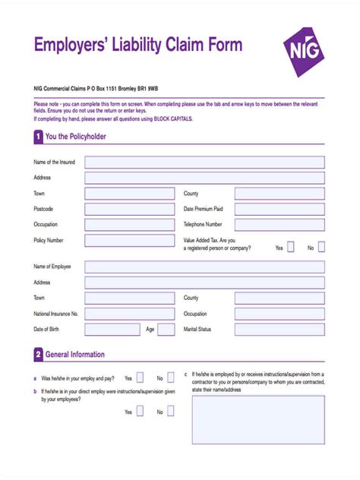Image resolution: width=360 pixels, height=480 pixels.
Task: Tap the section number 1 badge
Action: point(38,137)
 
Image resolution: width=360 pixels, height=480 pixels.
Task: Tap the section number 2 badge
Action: point(38,355)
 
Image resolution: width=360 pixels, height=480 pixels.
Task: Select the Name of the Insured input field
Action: point(204,163)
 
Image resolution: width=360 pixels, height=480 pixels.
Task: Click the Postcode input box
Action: point(130,209)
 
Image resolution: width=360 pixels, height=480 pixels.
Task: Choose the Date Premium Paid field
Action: point(279,209)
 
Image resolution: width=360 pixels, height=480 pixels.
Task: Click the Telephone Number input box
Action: point(279,225)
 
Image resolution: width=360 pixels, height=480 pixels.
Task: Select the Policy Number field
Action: point(130,241)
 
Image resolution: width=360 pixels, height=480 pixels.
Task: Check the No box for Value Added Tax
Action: point(321,247)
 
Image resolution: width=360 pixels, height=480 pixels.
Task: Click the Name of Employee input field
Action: point(204,267)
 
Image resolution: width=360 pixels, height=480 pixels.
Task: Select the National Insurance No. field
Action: point(130,314)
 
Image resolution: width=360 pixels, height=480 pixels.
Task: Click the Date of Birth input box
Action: point(112,330)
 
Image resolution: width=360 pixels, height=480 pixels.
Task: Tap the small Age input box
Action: point(167,330)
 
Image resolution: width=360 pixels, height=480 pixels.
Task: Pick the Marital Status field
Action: point(279,330)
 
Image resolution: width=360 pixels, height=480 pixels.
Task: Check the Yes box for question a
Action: point(140,377)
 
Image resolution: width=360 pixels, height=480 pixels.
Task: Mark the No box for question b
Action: point(171,412)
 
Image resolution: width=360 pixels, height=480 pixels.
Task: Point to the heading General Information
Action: point(75,355)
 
